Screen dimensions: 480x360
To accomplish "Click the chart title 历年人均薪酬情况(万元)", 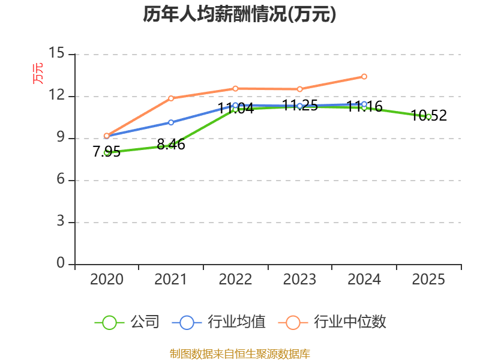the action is pos(239,14).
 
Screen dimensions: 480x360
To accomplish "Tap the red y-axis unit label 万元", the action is pos(38,73).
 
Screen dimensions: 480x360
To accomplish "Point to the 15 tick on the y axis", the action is pos(56,53).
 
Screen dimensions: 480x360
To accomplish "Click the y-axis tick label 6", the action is pos(61,179).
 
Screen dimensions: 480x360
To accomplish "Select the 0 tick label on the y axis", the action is pos(61,263).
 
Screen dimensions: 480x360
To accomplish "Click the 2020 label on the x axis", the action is pos(107,279).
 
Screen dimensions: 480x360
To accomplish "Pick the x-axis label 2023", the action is pos(299,279).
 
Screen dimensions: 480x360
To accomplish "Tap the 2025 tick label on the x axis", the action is pos(428,279).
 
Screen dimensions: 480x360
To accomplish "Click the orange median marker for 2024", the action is pos(364,77).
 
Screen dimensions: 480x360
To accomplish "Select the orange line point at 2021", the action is pos(171,98).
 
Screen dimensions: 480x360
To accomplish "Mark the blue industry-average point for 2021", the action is pos(171,122).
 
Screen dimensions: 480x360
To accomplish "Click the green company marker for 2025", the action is pos(428,117).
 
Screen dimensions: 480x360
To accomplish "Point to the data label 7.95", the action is pos(107,152).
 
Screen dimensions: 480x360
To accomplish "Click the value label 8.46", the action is pos(171,144).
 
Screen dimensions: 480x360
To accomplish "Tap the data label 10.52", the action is pos(428,115).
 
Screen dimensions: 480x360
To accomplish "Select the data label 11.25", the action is pos(299,106).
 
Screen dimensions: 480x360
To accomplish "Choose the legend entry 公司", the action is pos(127,322).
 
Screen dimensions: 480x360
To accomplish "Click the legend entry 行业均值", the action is pos(218,322).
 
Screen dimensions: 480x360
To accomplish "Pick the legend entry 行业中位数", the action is pos(332,322).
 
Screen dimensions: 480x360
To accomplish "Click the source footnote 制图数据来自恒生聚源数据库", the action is pos(239,354).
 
